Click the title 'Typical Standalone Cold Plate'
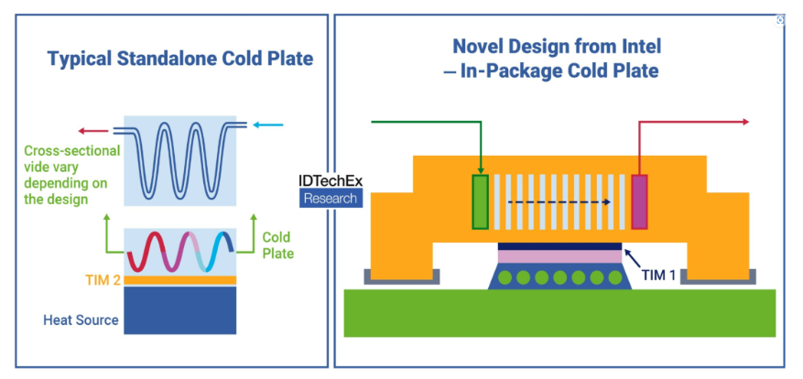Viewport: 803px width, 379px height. click(x=180, y=60)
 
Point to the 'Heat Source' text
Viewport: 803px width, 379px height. click(x=81, y=320)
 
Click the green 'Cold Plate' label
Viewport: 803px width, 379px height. click(x=277, y=244)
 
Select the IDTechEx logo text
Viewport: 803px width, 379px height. click(x=331, y=180)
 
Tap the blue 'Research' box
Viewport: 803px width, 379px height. click(x=331, y=199)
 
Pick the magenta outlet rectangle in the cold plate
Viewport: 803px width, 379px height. click(x=638, y=200)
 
